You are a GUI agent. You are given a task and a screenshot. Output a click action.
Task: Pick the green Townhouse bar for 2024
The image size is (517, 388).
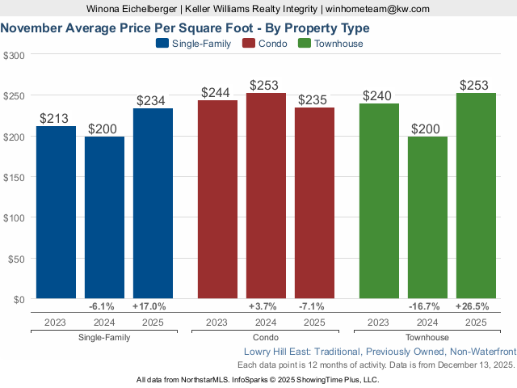pyautogui.click(x=427, y=217)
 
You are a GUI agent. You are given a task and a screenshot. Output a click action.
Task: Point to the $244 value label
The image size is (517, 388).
pyautogui.click(x=217, y=93)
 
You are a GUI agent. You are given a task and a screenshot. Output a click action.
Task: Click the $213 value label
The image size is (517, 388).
pyautogui.click(x=56, y=119)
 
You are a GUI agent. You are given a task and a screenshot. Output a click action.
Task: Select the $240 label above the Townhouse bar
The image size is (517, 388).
pyautogui.click(x=379, y=96)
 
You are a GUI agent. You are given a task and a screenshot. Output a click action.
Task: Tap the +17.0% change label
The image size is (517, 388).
pyautogui.click(x=153, y=307)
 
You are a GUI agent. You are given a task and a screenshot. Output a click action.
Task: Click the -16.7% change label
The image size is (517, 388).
pyautogui.click(x=427, y=307)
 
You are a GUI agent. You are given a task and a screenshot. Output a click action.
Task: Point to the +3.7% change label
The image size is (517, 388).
pyautogui.click(x=266, y=307)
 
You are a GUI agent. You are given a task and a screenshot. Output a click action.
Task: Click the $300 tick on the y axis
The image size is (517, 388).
pyautogui.click(x=14, y=55)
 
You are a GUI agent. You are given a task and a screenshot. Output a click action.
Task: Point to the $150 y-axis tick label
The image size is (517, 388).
pyautogui.click(x=14, y=177)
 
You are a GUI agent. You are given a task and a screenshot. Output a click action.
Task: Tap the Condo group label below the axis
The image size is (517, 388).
pyautogui.click(x=266, y=337)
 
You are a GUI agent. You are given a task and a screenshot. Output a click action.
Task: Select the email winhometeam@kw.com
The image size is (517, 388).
pyautogui.click(x=378, y=8)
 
